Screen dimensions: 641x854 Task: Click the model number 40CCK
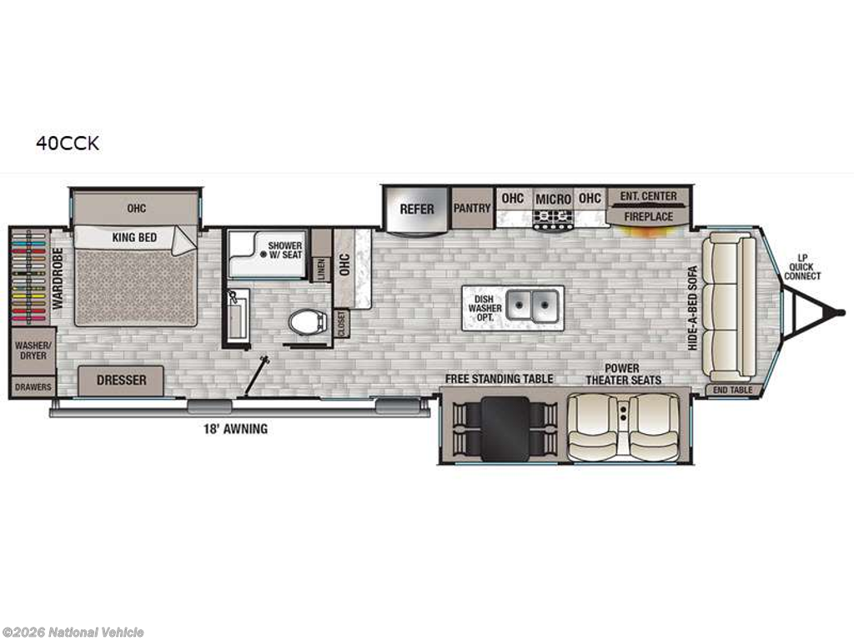[x=67, y=144]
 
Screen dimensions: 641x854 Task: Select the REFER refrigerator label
[x=416, y=209]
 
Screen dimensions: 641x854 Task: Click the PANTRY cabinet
[x=472, y=208]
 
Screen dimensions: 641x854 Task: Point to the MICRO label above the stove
[x=553, y=199]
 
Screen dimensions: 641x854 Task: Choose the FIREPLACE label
[x=648, y=216]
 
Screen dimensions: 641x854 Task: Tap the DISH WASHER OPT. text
[x=485, y=307]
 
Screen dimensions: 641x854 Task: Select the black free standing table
[x=505, y=427]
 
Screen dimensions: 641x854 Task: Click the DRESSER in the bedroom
[x=121, y=381]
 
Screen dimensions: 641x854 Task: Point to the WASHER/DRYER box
[x=30, y=350]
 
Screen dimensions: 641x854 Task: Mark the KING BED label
[x=134, y=238]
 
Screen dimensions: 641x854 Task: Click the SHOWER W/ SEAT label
[x=284, y=250]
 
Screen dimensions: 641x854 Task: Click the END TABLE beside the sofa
[x=732, y=390]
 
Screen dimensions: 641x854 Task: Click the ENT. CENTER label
[x=648, y=196]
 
